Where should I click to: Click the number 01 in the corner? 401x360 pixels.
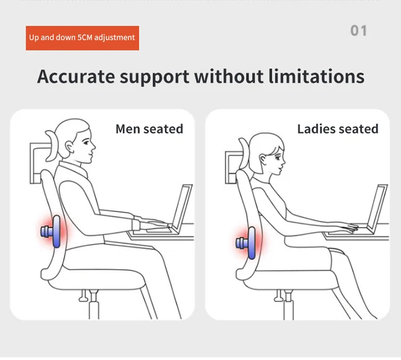[358, 31]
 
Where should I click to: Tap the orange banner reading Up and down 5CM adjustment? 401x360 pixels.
[82, 38]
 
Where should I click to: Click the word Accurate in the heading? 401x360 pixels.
[76, 77]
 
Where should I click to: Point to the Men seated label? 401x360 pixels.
[149, 129]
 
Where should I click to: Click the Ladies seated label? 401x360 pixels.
[338, 129]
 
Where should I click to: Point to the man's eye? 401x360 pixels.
[86, 142]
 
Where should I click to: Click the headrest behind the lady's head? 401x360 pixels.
[244, 154]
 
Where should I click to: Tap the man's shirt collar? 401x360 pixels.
[74, 169]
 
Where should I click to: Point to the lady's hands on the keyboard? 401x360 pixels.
[348, 228]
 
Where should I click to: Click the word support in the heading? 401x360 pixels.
[155, 77]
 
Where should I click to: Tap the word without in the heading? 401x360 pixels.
[229, 77]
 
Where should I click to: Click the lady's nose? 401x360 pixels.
[283, 161]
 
